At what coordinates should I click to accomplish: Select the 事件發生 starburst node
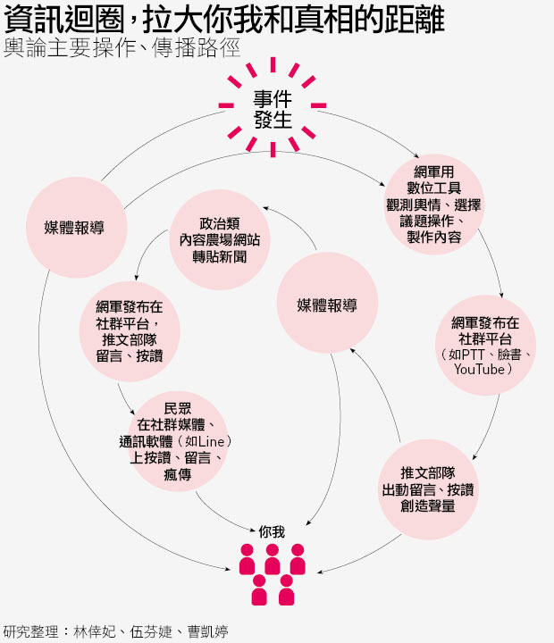pyautogui.click(x=272, y=110)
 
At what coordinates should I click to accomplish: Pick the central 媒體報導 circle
pyautogui.click(x=326, y=305)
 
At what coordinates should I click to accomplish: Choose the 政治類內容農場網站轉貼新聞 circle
pyautogui.click(x=219, y=240)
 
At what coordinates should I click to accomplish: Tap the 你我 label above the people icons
pyautogui.click(x=272, y=531)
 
